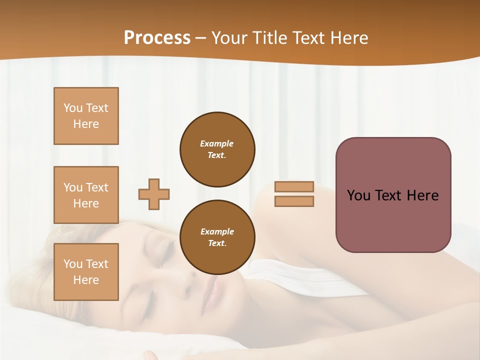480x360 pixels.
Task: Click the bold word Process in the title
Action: tap(157, 38)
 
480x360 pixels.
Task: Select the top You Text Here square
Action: tap(86, 116)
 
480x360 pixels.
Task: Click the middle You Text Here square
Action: tap(86, 195)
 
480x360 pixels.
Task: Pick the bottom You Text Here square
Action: tap(86, 271)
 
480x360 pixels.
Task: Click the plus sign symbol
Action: tap(154, 194)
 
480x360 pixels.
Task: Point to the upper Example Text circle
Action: tap(217, 149)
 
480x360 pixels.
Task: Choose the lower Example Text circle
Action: tap(217, 237)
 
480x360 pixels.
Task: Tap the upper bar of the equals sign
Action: tap(294, 186)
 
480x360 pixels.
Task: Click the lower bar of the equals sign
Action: tap(294, 201)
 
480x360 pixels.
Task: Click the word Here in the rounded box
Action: tap(422, 195)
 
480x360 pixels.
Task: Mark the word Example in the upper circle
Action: tap(216, 143)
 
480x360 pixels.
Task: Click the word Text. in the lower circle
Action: tap(217, 243)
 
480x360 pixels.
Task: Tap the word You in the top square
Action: tap(73, 108)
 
